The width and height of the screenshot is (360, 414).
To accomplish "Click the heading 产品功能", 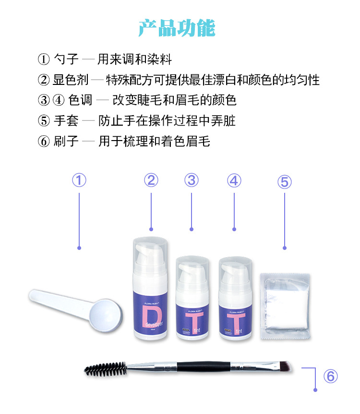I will click(177, 28).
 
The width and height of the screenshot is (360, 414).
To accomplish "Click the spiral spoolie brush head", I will click(105, 368).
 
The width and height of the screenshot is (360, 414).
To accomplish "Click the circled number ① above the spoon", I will click(79, 180).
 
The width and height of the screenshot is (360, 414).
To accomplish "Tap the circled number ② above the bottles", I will click(151, 180).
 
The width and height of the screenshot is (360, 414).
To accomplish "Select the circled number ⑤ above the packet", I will click(284, 182).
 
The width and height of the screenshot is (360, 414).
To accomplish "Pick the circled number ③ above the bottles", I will click(192, 180).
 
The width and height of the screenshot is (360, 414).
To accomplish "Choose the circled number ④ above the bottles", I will click(234, 180).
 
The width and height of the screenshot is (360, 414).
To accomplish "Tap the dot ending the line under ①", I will click(79, 248).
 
